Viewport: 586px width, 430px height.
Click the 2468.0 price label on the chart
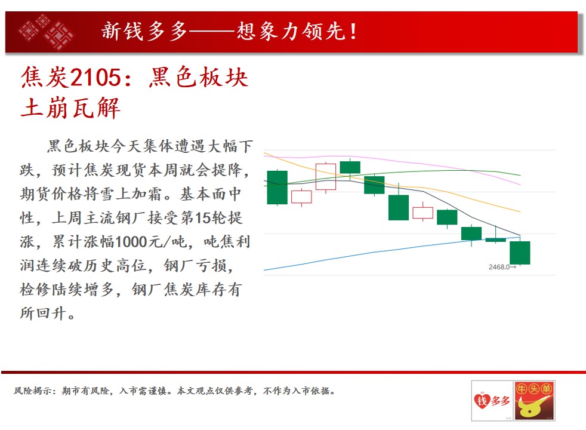499,267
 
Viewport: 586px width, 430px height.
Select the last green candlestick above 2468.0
520,253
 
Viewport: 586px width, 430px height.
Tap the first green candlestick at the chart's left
277,188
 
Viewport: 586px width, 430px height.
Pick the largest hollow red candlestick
325,177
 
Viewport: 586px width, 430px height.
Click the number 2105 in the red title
95,78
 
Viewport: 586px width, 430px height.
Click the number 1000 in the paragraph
131,242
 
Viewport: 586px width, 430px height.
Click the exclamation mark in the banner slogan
353,32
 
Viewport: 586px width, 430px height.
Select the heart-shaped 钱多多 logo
492,401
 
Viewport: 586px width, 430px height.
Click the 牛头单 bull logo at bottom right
534,401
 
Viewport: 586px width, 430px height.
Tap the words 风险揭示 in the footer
33,391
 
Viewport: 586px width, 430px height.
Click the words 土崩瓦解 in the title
70,108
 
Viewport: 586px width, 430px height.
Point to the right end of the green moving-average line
520,175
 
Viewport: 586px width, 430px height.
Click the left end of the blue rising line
264,270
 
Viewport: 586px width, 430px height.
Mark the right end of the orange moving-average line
520,211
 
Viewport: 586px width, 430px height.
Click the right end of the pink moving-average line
520,185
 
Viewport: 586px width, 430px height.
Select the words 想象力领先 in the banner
291,32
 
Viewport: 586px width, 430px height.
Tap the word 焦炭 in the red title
45,78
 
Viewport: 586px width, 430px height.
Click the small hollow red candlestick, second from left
301,197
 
